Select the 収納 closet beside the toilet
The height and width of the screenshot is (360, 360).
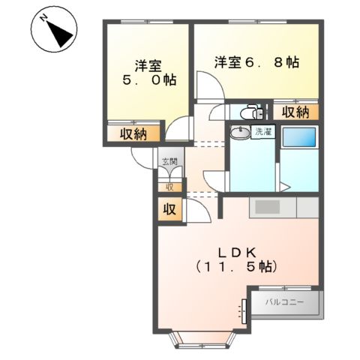295,112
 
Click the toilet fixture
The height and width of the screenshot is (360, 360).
247,112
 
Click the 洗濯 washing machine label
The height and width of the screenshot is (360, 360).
264,132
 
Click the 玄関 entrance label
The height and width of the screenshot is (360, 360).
169,160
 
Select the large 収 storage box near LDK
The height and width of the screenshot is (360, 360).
169,209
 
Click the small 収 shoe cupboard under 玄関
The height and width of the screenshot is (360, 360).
169,187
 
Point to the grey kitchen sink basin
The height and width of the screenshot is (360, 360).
267,207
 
